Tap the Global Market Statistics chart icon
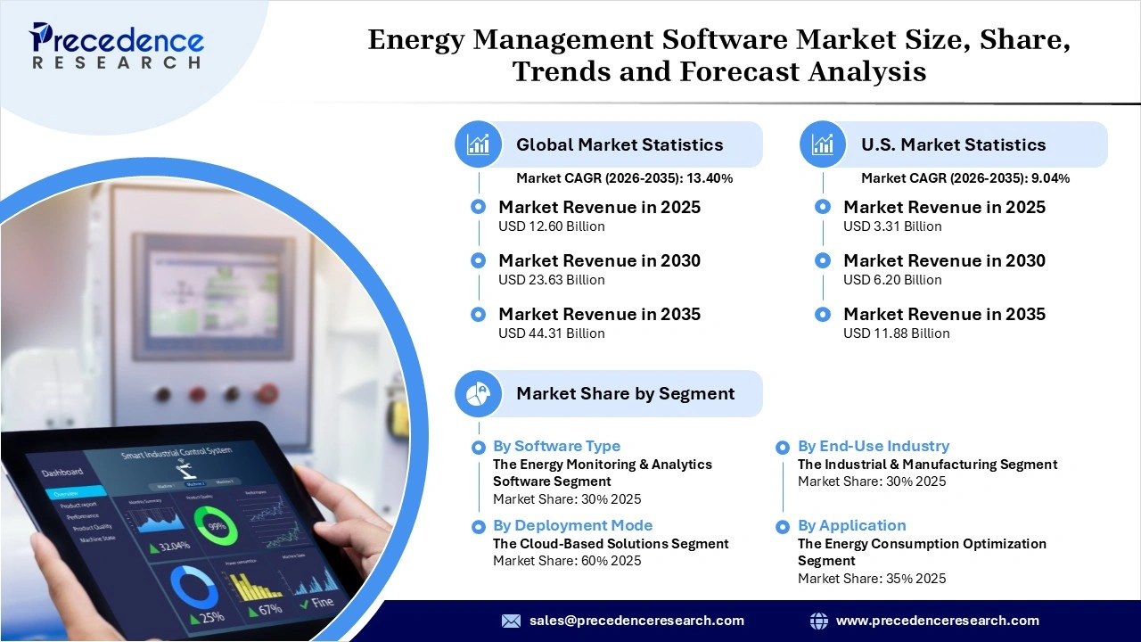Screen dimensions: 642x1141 click(479, 144)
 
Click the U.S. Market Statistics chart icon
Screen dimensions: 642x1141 click(823, 144)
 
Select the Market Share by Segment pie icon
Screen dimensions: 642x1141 click(479, 393)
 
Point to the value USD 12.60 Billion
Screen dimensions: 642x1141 click(551, 226)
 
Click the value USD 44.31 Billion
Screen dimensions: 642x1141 click(551, 333)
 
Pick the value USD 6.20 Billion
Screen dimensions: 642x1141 click(892, 280)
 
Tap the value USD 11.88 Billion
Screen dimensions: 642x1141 click(896, 333)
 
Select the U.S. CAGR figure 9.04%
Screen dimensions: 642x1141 click(1050, 178)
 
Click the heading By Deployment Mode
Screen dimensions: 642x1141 click(572, 526)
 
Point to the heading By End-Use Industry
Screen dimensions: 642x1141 click(873, 446)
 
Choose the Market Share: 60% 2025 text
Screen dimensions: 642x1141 click(567, 561)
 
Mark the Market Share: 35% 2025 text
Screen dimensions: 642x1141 click(871, 579)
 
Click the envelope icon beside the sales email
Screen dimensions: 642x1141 click(511, 621)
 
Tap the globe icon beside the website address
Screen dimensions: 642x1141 click(818, 621)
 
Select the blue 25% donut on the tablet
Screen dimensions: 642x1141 click(193, 588)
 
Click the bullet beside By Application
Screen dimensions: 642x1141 click(783, 527)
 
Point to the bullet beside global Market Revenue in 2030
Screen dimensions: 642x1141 click(479, 260)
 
